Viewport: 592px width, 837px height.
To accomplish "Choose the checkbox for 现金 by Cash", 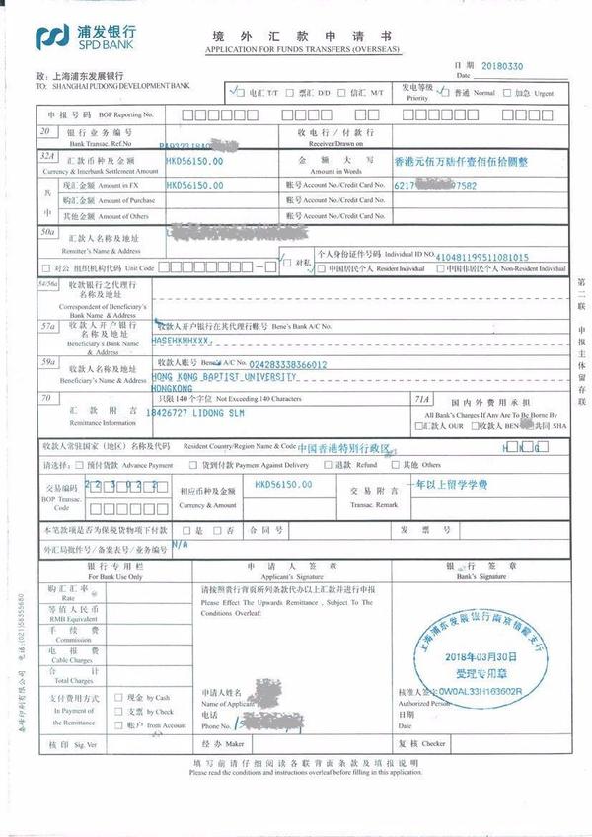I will pyautogui.click(x=118, y=696).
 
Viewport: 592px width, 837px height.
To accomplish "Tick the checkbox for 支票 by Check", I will pyautogui.click(x=118, y=711).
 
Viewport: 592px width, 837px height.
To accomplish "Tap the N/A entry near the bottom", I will pyautogui.click(x=179, y=544).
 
